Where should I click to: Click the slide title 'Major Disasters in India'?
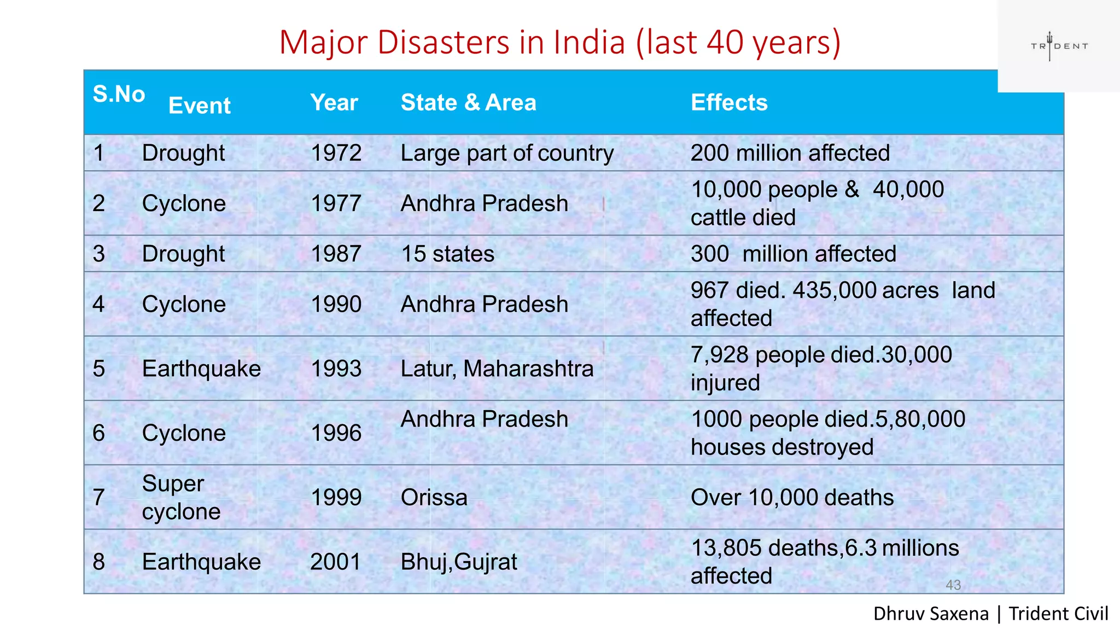tap(559, 42)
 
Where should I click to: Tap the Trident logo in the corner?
tap(1059, 46)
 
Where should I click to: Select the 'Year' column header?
tap(334, 102)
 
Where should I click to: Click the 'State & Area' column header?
tap(468, 102)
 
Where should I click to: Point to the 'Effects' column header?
tap(729, 102)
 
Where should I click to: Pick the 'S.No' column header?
tap(119, 94)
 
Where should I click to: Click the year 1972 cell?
tap(336, 153)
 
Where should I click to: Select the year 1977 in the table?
tap(336, 203)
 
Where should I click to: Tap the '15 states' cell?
tap(447, 254)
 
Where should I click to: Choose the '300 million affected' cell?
tap(793, 254)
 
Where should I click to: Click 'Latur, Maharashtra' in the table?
tap(497, 369)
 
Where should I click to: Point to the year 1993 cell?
tap(336, 369)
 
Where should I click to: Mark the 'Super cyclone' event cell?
tap(181, 498)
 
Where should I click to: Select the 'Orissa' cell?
tap(434, 498)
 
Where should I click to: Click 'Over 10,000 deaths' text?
tap(792, 498)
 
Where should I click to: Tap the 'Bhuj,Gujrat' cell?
tap(458, 562)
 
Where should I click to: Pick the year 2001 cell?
tap(335, 562)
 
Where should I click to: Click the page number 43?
tap(953, 585)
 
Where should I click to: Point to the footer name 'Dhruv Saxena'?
tap(930, 614)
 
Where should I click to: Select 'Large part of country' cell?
tap(507, 153)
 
